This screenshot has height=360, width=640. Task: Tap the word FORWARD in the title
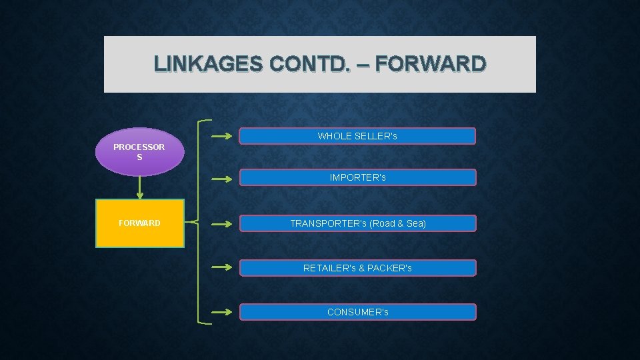430,64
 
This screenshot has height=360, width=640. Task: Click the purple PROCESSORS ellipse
139,151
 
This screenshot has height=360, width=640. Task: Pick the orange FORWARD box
139,223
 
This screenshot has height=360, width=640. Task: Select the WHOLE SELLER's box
357,136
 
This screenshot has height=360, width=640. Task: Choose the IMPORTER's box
357,177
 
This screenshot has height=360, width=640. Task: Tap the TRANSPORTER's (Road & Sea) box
357,223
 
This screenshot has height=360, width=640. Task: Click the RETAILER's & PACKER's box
357,268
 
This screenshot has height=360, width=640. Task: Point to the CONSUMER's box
357,312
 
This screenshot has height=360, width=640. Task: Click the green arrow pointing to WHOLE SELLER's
222,137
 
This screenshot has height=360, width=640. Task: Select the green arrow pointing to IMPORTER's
222,178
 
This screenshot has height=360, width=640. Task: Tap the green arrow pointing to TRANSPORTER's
222,224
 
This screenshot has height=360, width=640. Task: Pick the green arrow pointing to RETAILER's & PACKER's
222,268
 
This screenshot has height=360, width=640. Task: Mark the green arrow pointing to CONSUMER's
222,312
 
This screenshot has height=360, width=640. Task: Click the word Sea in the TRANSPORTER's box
415,223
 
